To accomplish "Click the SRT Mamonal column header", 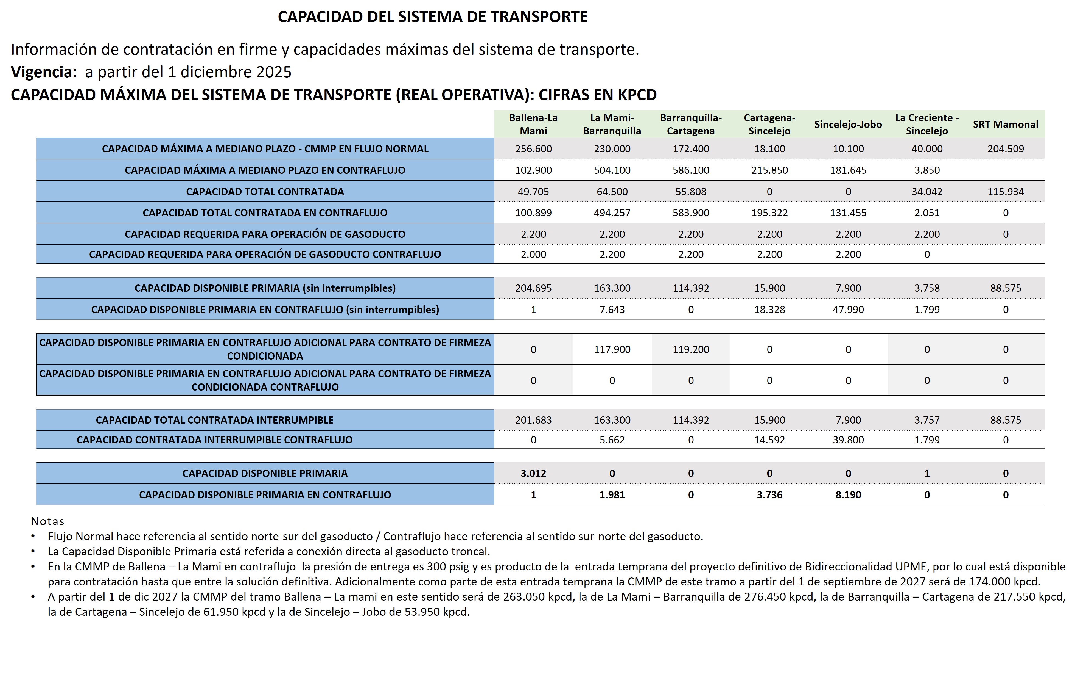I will pos(1005,124).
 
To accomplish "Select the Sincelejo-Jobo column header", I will pos(848,124).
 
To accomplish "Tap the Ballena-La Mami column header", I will pos(533,124).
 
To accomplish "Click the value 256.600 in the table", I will pos(533,149).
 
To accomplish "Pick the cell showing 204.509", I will pos(1005,149).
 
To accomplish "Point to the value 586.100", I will pos(691,170).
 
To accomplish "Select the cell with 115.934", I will pos(1005,192).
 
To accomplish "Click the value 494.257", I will pos(612,213).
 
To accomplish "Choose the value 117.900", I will pos(612,349).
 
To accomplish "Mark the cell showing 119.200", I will pos(691,349).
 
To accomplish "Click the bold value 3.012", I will pos(533,473).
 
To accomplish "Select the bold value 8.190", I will pos(848,495).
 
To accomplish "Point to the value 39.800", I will pos(848,440).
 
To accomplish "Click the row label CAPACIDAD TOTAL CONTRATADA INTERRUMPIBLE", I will pos(214,420).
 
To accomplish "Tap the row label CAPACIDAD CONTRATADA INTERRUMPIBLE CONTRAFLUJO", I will pos(214,440).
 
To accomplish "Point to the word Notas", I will pos(47,521).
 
